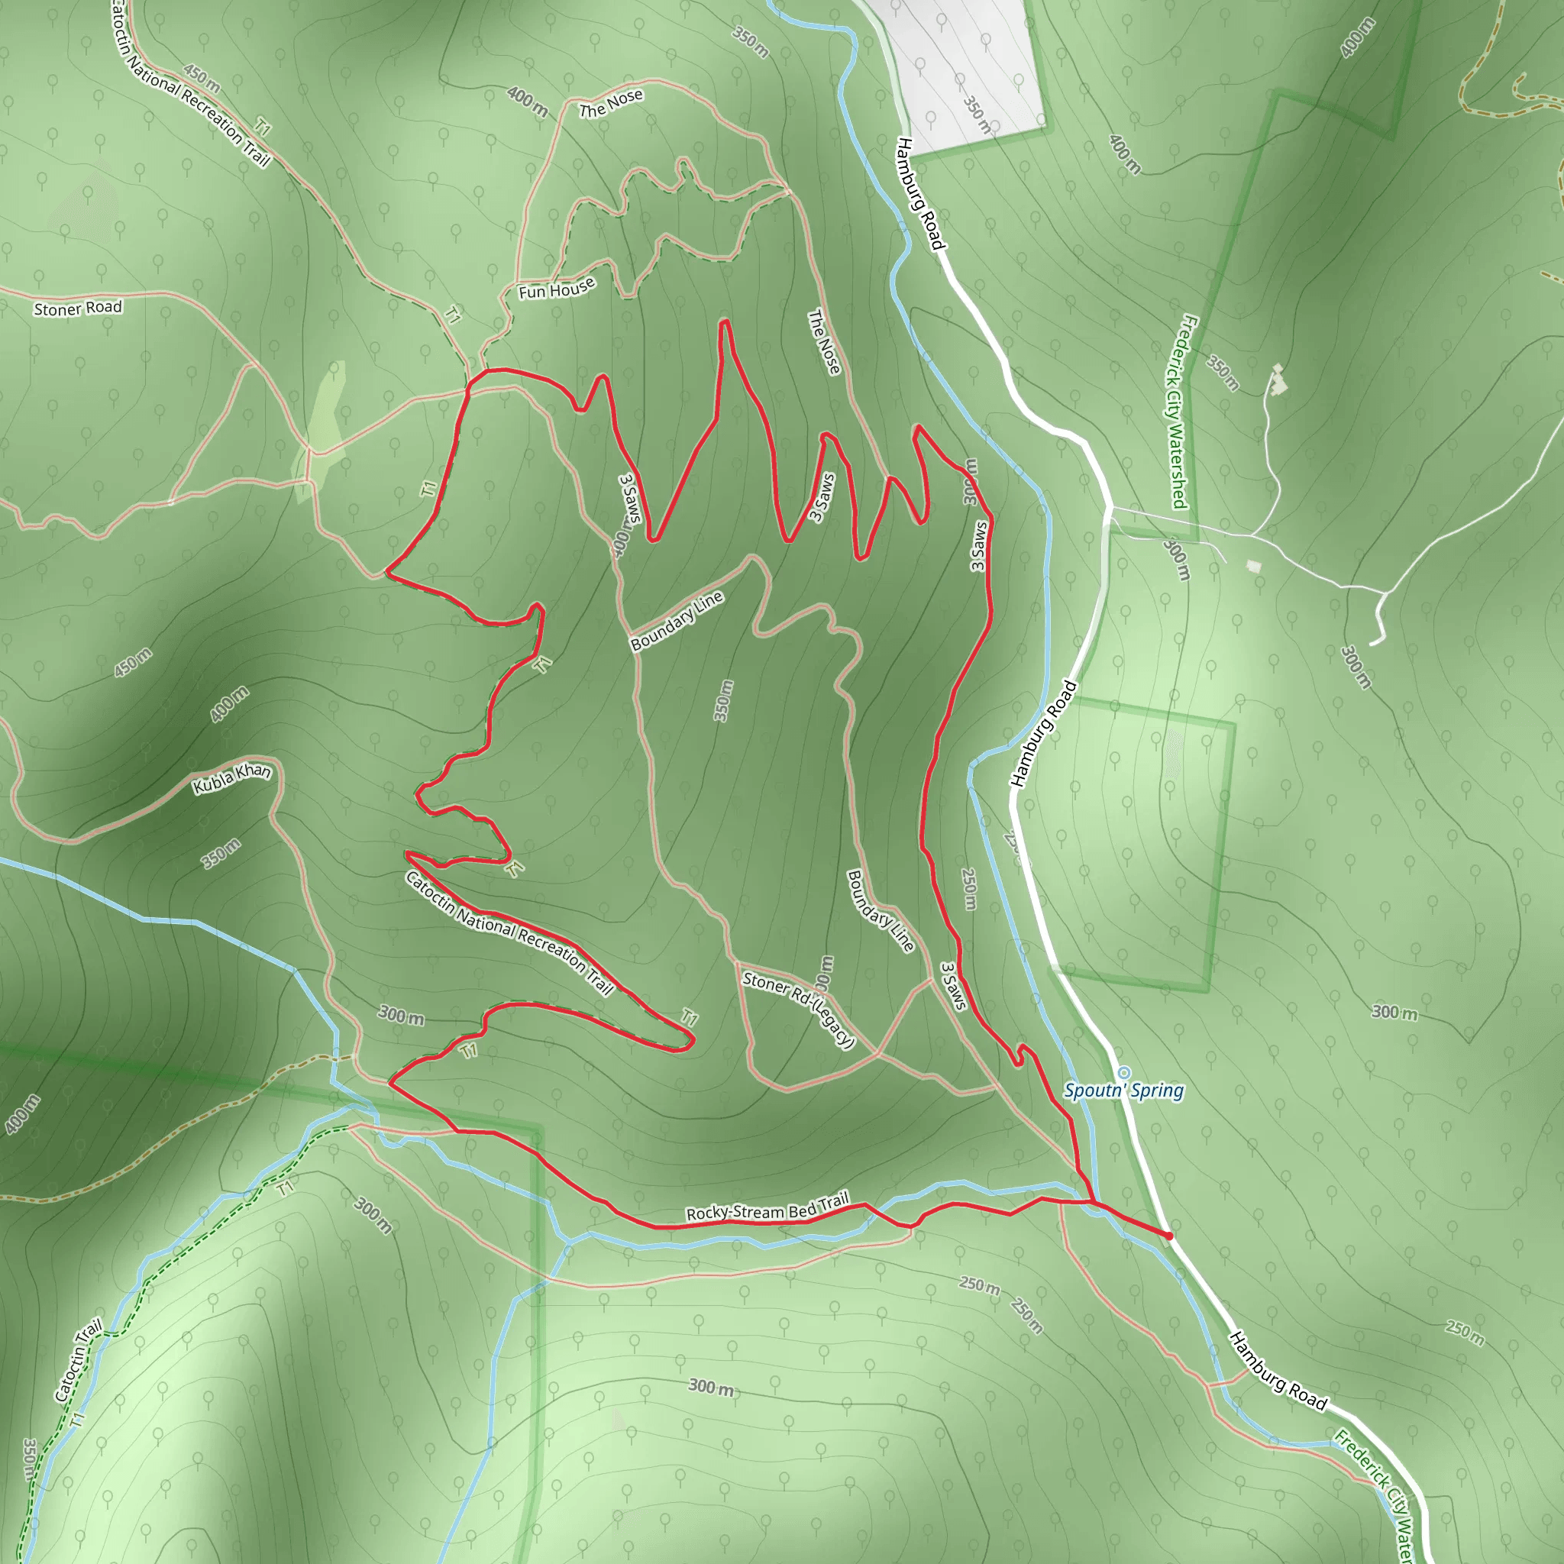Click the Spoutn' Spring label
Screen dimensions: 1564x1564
pos(1123,1091)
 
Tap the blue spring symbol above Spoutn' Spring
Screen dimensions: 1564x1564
pos(1123,1073)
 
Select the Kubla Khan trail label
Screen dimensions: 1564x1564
pos(231,777)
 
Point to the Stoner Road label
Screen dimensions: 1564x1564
pos(78,309)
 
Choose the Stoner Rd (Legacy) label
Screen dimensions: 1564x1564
pos(798,1010)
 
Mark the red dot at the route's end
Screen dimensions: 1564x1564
pos(1168,1236)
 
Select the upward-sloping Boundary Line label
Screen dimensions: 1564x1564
pos(677,621)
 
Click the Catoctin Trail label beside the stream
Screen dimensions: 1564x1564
pos(79,1360)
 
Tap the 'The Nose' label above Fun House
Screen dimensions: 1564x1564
pos(611,103)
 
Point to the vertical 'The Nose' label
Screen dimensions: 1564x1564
pos(825,342)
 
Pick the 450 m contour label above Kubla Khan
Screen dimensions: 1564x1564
pos(133,662)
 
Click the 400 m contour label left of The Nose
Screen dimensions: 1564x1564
pos(527,100)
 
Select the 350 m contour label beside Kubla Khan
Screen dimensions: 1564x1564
pos(221,853)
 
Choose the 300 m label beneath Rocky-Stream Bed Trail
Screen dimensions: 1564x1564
pos(712,1387)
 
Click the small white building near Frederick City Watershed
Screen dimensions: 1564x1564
pos(1254,565)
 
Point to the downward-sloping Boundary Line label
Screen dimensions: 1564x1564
pos(880,911)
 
